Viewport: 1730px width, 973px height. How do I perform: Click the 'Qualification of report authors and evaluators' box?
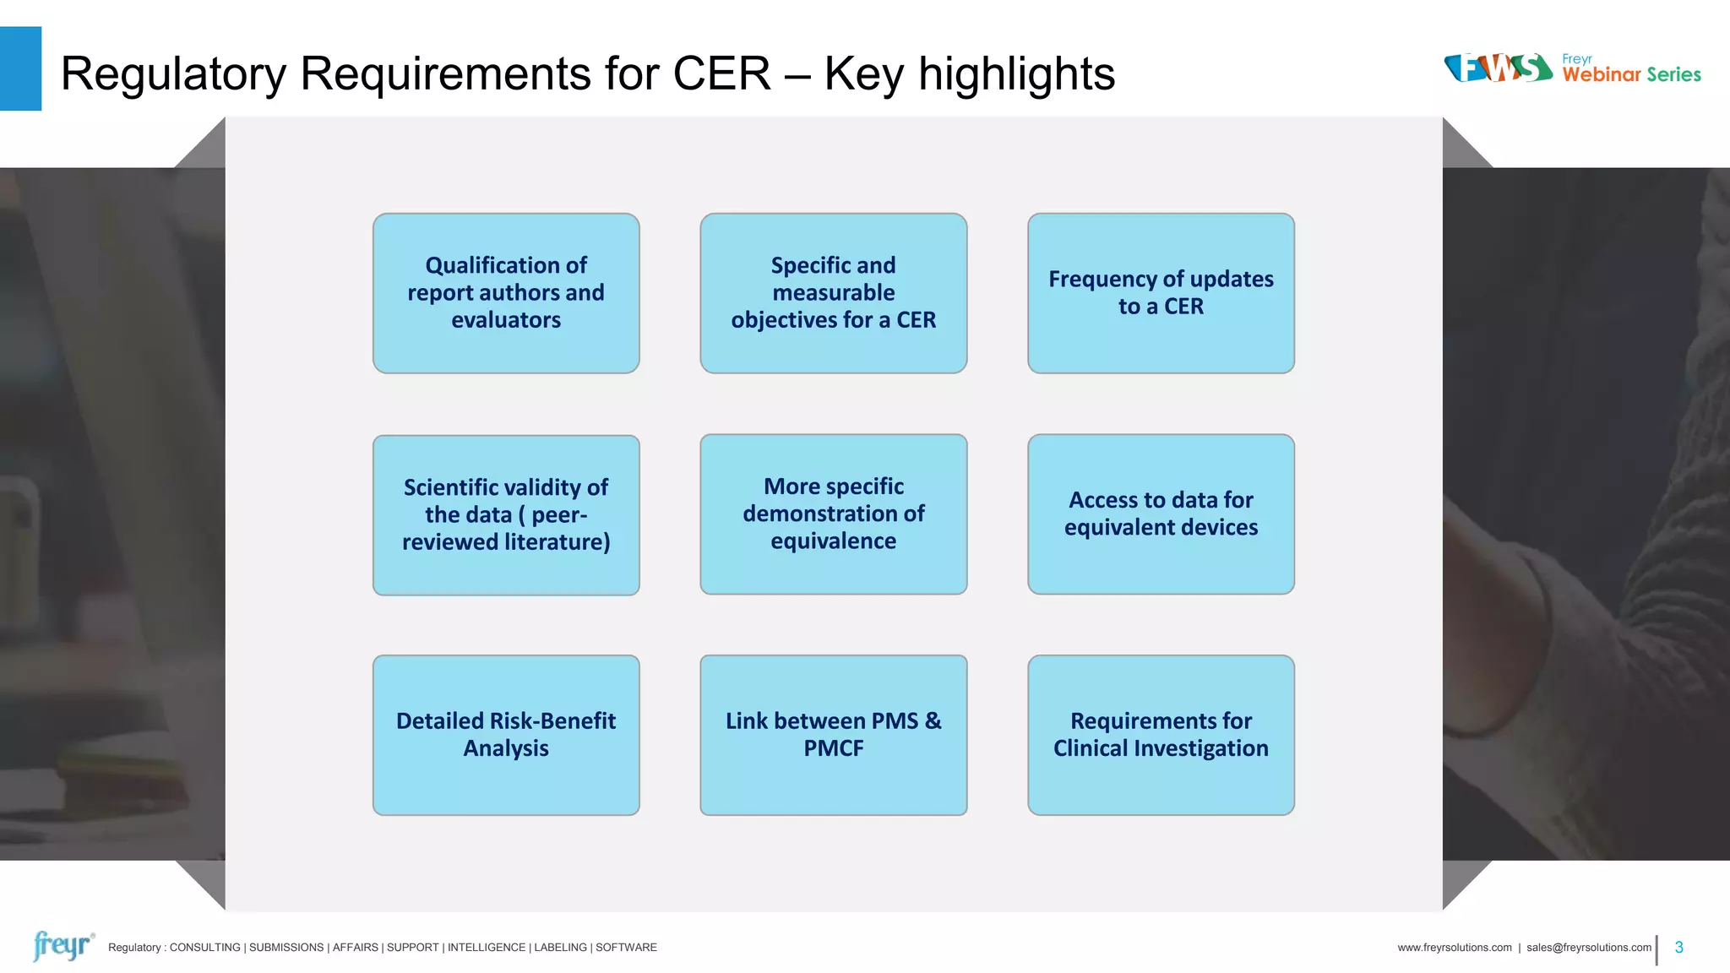click(x=506, y=293)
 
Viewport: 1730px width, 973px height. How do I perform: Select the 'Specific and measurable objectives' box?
click(x=833, y=293)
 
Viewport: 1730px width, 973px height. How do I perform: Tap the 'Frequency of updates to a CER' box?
click(x=1161, y=293)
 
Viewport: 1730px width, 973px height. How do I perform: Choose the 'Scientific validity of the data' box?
click(x=506, y=514)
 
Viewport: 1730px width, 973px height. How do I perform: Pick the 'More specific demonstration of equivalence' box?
click(x=833, y=514)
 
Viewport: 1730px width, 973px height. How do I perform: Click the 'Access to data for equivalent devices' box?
click(x=1161, y=514)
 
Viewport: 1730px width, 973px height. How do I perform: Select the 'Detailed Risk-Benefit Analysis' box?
click(x=506, y=735)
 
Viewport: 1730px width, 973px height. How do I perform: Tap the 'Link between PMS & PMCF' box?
click(x=833, y=735)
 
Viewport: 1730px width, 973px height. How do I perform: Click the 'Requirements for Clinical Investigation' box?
click(x=1161, y=735)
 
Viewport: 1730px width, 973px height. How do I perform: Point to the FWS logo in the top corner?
click(x=1498, y=68)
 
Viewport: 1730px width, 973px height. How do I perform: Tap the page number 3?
click(x=1678, y=948)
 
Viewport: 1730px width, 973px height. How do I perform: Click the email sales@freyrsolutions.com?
click(x=1588, y=948)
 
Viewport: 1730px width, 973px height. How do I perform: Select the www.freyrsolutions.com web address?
click(x=1454, y=948)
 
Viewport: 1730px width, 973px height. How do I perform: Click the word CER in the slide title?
click(x=721, y=73)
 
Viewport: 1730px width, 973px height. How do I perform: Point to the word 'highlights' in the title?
click(x=1016, y=73)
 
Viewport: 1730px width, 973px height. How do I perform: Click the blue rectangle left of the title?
click(x=20, y=68)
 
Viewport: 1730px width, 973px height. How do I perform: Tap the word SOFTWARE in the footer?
click(x=626, y=948)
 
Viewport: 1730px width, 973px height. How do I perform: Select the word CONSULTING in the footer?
click(x=204, y=948)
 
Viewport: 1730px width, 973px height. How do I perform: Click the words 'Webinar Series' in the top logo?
click(x=1631, y=75)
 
